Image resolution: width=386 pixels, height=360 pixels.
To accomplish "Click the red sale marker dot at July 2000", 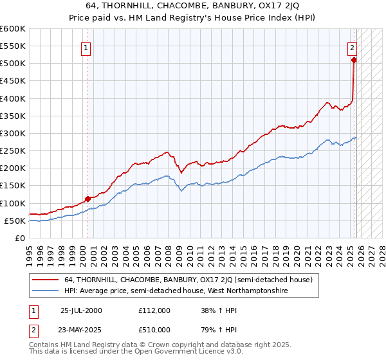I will [x=87, y=199].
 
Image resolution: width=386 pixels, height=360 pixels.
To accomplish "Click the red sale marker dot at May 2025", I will [x=354, y=60].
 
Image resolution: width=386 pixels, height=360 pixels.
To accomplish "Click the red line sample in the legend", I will [x=46, y=280].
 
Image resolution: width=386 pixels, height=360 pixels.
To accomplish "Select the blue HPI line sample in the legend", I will [x=46, y=291].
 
